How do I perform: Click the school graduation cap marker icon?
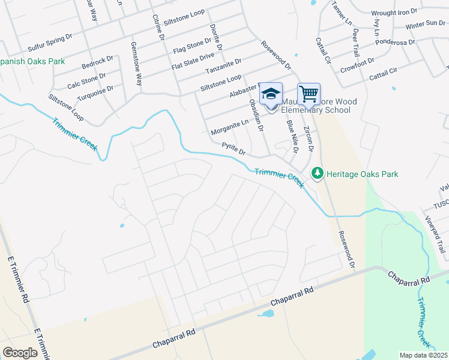[x=271, y=94]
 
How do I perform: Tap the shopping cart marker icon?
[x=309, y=94]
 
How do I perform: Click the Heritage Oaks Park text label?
[x=362, y=174]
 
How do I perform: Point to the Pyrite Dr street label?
[x=234, y=148]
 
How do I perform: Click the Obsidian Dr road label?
[x=256, y=115]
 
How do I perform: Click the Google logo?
[x=20, y=353]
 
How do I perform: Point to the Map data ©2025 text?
[x=423, y=355]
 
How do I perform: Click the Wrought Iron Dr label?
[x=394, y=12]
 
